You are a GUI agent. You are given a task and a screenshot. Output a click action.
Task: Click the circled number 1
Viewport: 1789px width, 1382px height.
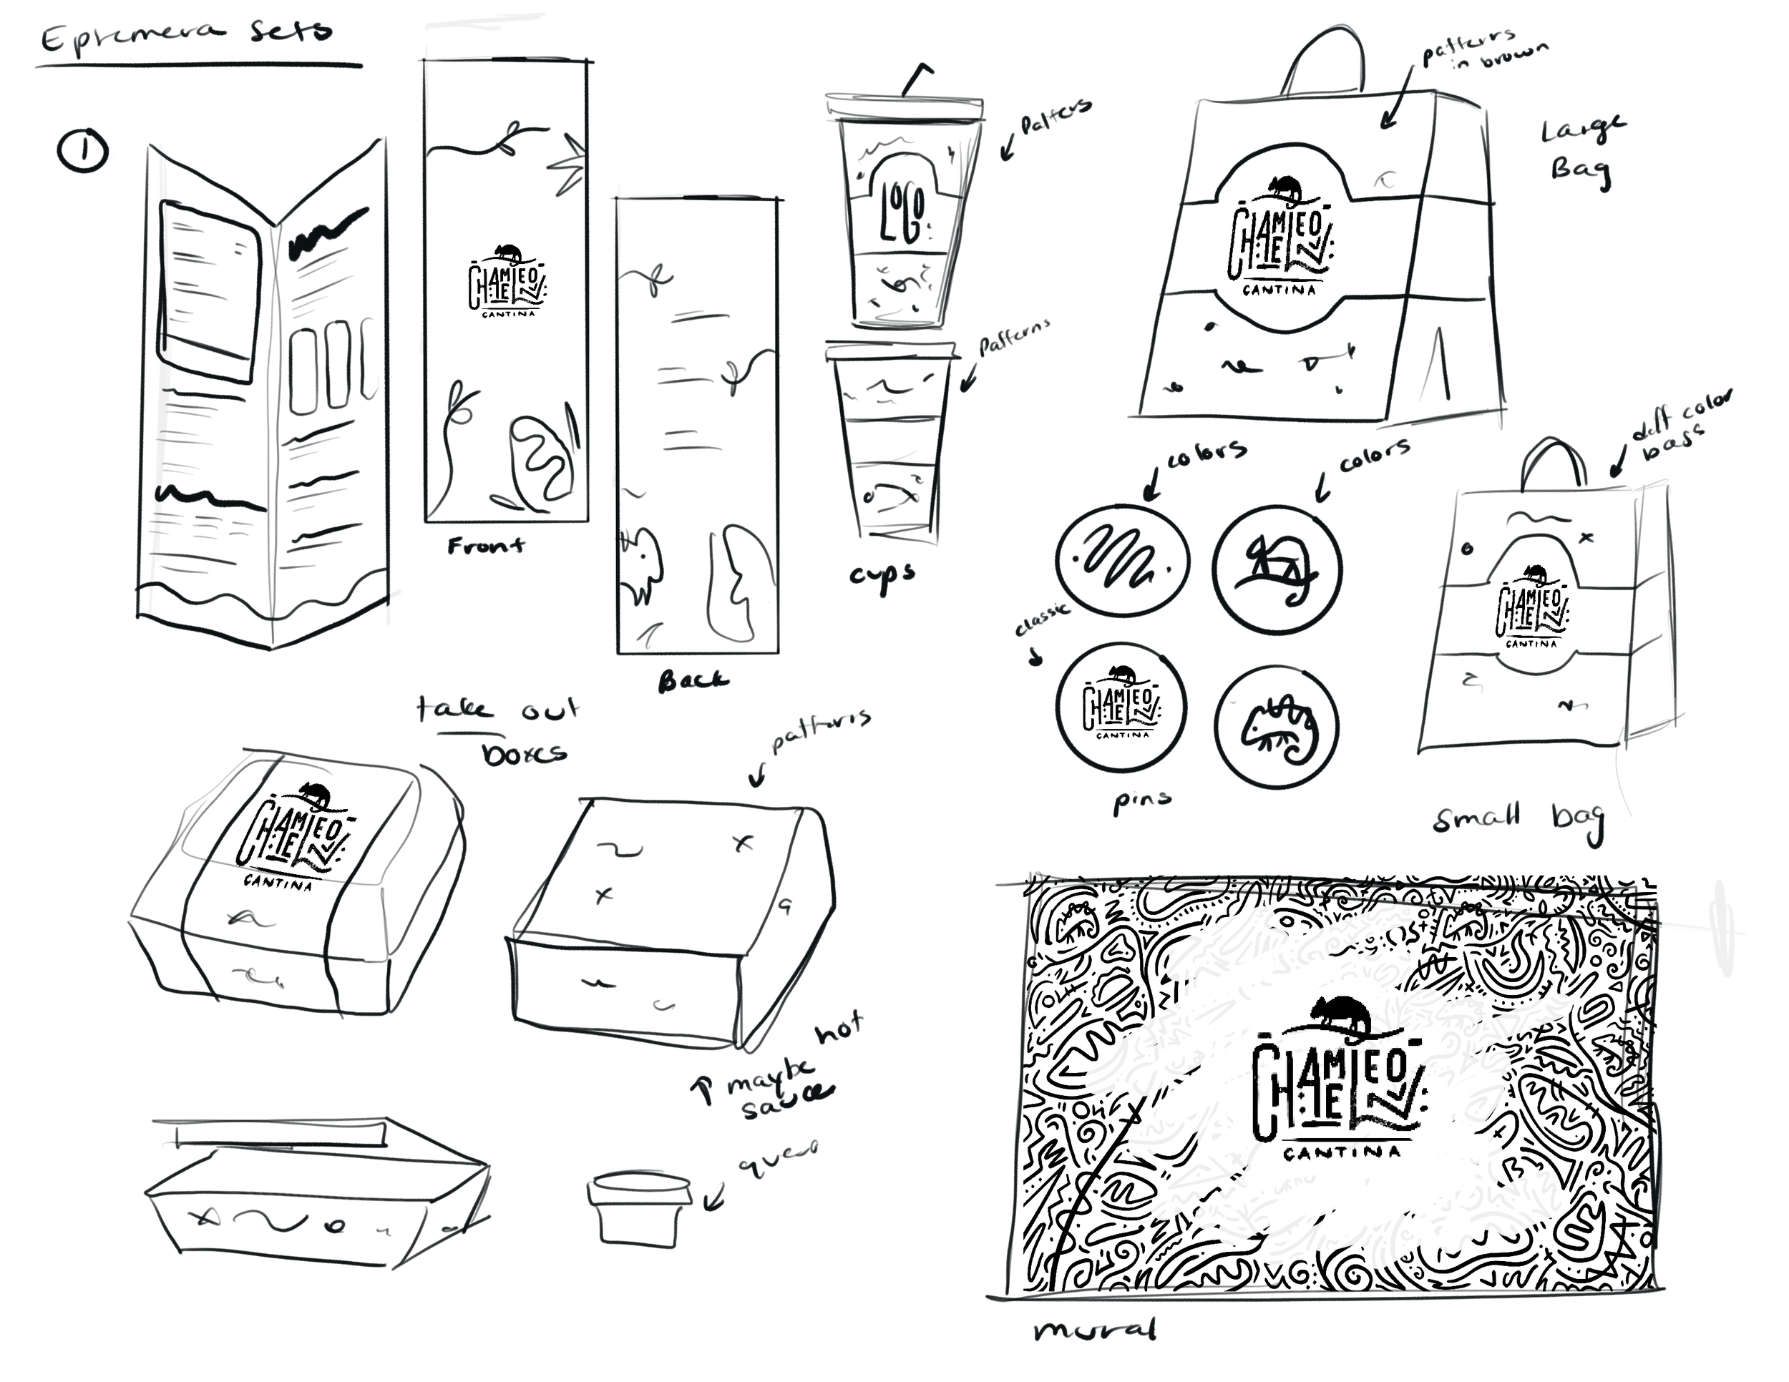[x=83, y=152]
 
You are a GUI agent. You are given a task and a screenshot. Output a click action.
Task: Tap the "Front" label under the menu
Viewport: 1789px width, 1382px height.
[x=486, y=545]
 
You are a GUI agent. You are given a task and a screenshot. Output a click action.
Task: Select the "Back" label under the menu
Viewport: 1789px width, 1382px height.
[x=692, y=680]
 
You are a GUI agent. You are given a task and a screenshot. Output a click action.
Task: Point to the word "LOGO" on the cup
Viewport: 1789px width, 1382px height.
[x=902, y=215]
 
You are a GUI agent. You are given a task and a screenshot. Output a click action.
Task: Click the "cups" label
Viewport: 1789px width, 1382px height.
[x=882, y=576]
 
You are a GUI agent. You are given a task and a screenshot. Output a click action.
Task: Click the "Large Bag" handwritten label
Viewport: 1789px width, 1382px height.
[x=1581, y=152]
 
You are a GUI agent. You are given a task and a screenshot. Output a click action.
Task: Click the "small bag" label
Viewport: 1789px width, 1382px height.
[x=1518, y=819]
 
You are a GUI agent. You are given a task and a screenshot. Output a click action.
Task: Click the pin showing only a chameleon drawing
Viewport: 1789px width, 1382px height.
[x=1276, y=727]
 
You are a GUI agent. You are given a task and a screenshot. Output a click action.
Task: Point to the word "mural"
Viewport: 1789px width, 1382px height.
[x=1094, y=1330]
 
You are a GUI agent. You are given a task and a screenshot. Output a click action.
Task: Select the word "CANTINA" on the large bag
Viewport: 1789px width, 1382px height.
[x=1279, y=290]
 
